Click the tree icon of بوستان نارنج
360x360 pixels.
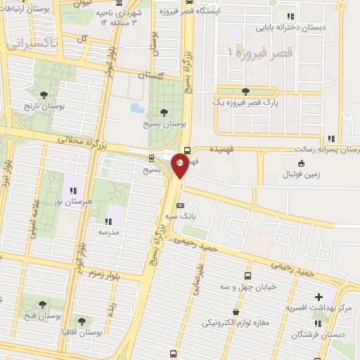pos(44,94)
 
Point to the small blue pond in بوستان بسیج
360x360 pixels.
pos(136,108)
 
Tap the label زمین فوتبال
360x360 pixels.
pos(301,174)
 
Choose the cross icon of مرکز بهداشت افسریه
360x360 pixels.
pos(320,297)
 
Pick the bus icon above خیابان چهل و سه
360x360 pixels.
pos(247,276)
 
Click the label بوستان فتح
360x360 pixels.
pos(43,316)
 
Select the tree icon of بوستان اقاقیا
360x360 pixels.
pos(80,321)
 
